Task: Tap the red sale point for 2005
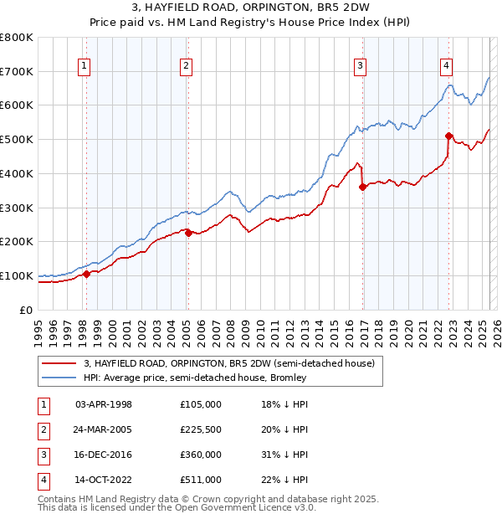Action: pyautogui.click(x=188, y=233)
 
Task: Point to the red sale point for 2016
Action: pyautogui.click(x=362, y=188)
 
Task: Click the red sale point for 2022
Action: pyautogui.click(x=448, y=136)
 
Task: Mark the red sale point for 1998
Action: pyautogui.click(x=86, y=274)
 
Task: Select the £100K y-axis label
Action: pyautogui.click(x=17, y=275)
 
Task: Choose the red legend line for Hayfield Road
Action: pyautogui.click(x=59, y=362)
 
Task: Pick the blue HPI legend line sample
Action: pyautogui.click(x=59, y=378)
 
